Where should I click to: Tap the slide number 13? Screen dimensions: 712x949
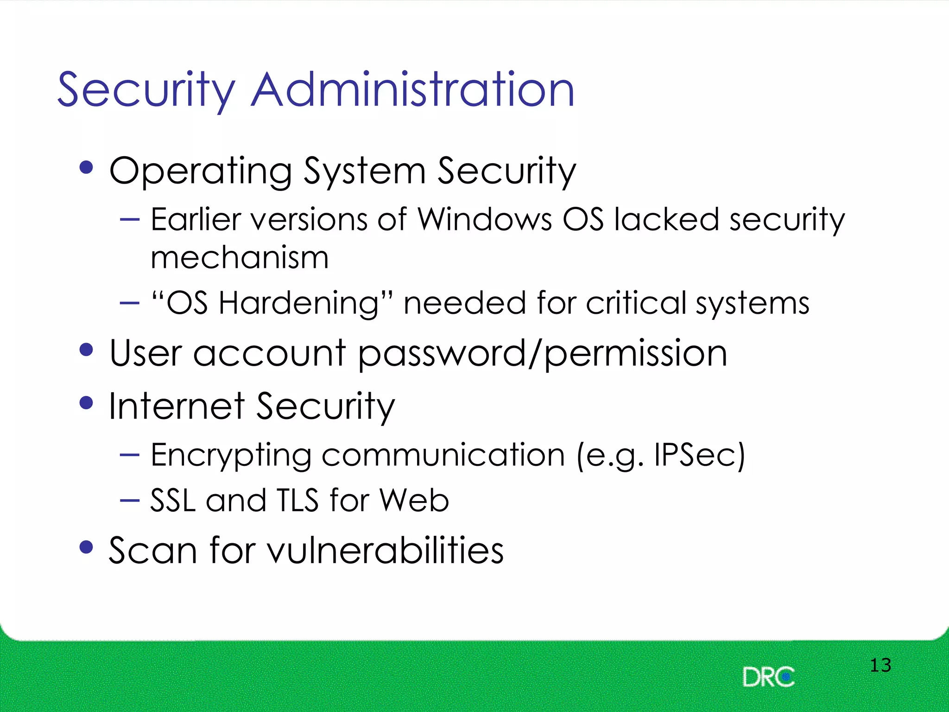tap(880, 665)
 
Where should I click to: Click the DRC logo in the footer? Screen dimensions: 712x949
tap(768, 677)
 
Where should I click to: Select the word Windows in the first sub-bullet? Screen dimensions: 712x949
tap(485, 219)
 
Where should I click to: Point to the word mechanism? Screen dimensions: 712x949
tap(240, 257)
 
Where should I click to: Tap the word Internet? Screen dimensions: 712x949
tap(177, 406)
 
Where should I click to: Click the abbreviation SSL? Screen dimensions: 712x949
tap(172, 501)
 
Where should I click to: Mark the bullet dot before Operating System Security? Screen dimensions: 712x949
tap(86, 167)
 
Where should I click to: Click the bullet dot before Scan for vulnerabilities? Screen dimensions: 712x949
tap(86, 547)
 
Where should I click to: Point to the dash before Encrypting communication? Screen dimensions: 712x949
tap(129, 455)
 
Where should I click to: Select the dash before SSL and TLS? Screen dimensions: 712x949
tap(129, 500)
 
